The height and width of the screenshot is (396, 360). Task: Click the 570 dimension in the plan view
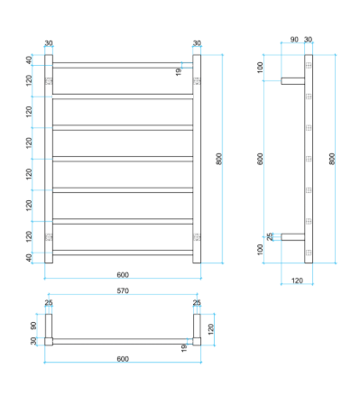point(123,290)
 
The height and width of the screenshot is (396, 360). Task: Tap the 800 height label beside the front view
point(219,159)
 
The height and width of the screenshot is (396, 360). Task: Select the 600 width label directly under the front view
point(123,275)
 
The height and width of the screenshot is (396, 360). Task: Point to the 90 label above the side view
point(294,40)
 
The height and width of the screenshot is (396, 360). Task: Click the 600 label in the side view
point(260,159)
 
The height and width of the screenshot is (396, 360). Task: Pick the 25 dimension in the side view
point(270,236)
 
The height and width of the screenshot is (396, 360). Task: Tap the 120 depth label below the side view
point(297,281)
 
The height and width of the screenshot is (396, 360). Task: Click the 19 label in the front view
point(179,71)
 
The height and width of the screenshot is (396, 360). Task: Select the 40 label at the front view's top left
point(29,60)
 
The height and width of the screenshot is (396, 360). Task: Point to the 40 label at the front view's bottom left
point(29,258)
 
